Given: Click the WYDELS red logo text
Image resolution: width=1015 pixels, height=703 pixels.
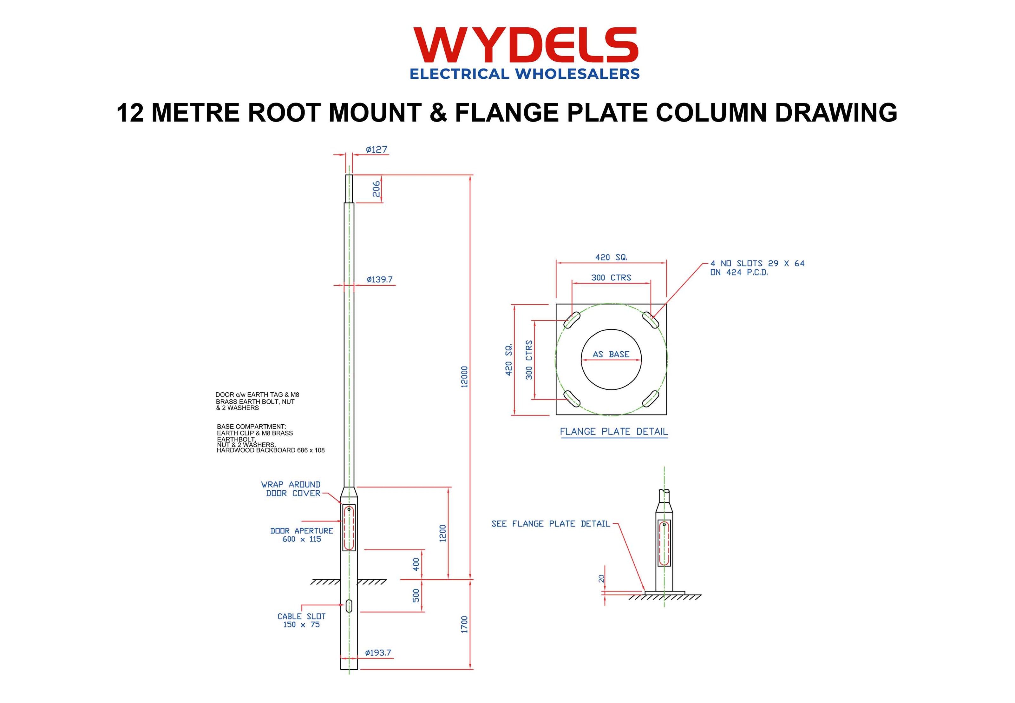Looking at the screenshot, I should tap(525, 45).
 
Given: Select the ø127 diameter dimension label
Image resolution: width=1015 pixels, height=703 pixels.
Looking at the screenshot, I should tap(376, 150).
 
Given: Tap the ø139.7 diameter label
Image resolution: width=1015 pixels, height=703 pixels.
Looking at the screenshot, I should tap(379, 280).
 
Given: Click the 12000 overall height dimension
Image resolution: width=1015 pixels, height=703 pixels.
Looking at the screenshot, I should tap(464, 377).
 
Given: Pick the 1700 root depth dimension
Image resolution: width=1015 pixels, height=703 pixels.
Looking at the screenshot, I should tap(464, 625).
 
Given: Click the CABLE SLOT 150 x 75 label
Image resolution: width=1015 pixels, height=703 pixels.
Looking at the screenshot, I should tap(302, 620).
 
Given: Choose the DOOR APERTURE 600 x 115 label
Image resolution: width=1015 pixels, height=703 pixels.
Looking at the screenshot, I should tap(302, 535).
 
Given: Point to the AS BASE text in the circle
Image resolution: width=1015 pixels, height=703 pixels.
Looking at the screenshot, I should tap(611, 354).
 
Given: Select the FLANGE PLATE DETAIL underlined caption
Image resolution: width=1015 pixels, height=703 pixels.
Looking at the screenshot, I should tap(613, 432).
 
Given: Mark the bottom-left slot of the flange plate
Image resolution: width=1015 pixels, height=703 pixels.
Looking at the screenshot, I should tap(572, 399).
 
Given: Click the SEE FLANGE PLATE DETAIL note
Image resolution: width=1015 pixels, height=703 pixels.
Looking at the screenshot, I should tap(551, 524).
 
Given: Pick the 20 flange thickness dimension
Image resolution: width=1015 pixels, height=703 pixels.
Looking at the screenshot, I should tap(602, 579).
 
